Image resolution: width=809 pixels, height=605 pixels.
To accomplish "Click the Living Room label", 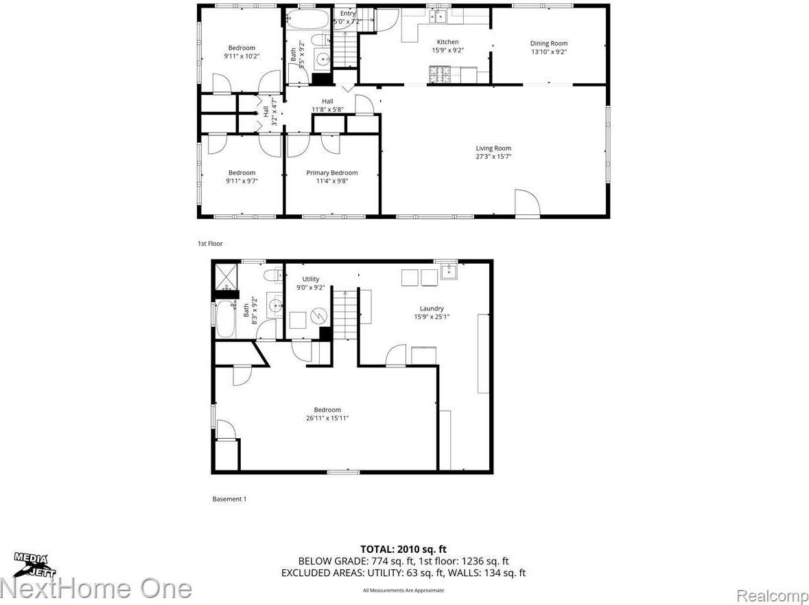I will point(493,148).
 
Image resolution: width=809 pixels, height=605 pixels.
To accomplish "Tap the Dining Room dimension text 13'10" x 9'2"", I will point(548,52).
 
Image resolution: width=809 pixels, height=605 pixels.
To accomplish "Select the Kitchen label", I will point(447,42).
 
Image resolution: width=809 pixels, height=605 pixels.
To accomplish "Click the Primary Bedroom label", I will point(331,173).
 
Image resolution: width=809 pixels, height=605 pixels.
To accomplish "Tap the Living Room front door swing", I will point(527,203).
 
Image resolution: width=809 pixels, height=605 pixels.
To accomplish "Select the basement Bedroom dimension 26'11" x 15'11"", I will point(327,418).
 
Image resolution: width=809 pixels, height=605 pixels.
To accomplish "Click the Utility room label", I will point(311,279).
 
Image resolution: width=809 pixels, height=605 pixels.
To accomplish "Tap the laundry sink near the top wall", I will point(449,273).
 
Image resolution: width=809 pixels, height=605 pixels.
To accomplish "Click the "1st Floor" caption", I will point(210,244).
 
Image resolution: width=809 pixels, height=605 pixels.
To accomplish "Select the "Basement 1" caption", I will point(228,499).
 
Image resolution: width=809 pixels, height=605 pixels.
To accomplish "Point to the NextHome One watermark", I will point(96,589).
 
